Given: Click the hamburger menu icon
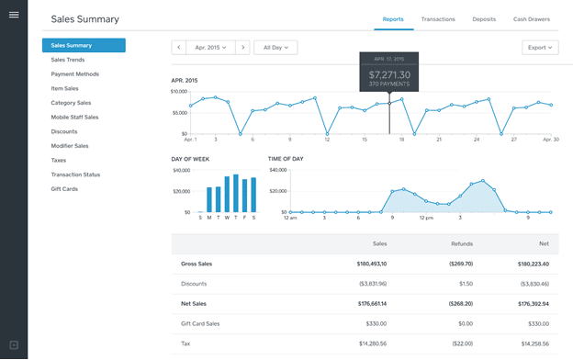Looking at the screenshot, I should coord(14,15).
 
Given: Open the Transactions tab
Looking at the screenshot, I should coord(438,18).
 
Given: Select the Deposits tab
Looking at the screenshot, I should coord(484,18).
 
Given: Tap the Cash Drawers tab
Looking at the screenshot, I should coord(532,18).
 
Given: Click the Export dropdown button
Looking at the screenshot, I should coord(539,47).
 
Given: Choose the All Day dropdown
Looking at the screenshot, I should coord(275,47).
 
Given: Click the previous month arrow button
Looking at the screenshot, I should coord(179,47).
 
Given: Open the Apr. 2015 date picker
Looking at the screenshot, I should coord(210,47).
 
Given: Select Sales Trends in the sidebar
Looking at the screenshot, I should coord(68,60).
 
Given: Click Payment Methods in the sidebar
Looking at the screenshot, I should coord(74,73).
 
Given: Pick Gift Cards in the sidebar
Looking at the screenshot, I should coord(64,188).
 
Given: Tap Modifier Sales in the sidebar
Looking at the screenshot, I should coord(70,145).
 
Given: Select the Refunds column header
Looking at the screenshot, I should coord(449,243).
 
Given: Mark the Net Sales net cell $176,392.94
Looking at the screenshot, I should coord(530,302).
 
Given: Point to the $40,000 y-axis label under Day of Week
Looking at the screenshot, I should coord(181,170).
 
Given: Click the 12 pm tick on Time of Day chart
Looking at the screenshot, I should coord(425,219).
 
